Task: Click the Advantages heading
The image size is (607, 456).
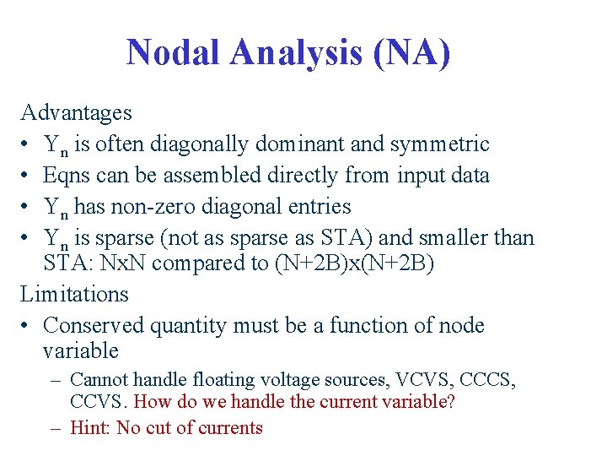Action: click(x=76, y=112)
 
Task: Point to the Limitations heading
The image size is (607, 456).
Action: click(x=74, y=294)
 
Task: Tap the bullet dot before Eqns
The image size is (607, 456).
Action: click(x=27, y=176)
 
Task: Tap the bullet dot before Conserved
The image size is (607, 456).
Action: click(x=27, y=326)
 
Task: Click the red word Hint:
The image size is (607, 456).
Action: click(x=90, y=427)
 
